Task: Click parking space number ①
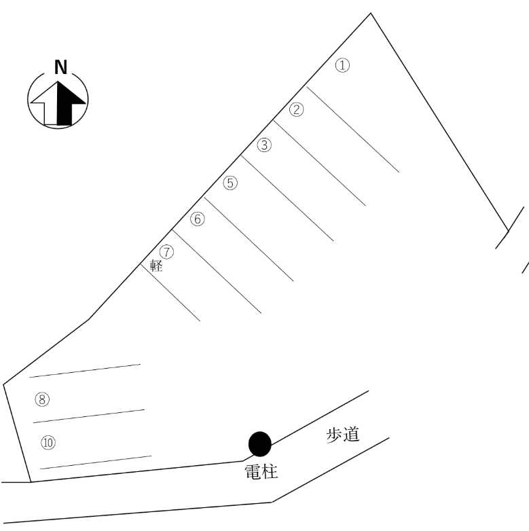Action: (x=342, y=65)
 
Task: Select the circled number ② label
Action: (x=296, y=110)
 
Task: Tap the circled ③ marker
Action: (x=264, y=145)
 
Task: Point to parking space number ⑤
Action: (x=230, y=183)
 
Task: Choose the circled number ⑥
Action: (x=198, y=219)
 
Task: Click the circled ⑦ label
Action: (x=166, y=252)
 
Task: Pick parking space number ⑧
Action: (x=42, y=399)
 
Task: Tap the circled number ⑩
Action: (x=48, y=443)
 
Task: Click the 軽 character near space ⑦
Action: (x=156, y=265)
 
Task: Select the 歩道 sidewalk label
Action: (x=343, y=435)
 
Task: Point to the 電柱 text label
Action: (x=261, y=472)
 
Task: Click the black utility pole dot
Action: (x=260, y=444)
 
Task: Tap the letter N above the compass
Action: (x=60, y=67)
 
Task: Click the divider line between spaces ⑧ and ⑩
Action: (x=89, y=416)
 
